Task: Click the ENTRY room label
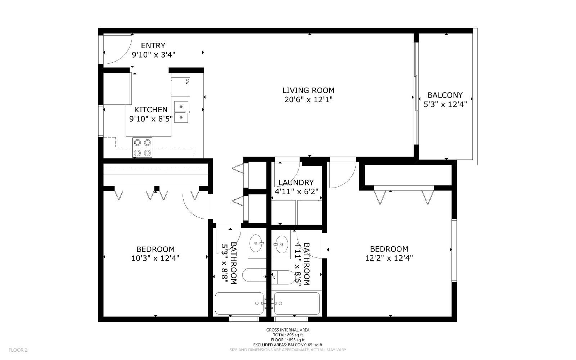(153, 45)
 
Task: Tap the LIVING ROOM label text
(308, 90)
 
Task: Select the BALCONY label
(445, 95)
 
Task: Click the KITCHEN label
(151, 110)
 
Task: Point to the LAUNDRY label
(296, 183)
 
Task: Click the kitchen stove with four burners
(143, 147)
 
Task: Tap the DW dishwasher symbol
(181, 87)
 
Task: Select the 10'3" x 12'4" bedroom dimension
(155, 258)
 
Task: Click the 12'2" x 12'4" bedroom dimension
(389, 258)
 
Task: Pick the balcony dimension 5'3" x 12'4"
(445, 104)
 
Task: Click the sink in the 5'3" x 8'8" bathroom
(256, 243)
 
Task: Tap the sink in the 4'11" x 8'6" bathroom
(280, 244)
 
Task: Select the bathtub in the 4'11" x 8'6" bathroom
(297, 303)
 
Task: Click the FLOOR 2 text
(18, 350)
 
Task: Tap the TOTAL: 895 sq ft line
(288, 335)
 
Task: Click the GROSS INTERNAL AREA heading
(288, 330)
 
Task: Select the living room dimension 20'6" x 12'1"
(308, 99)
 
